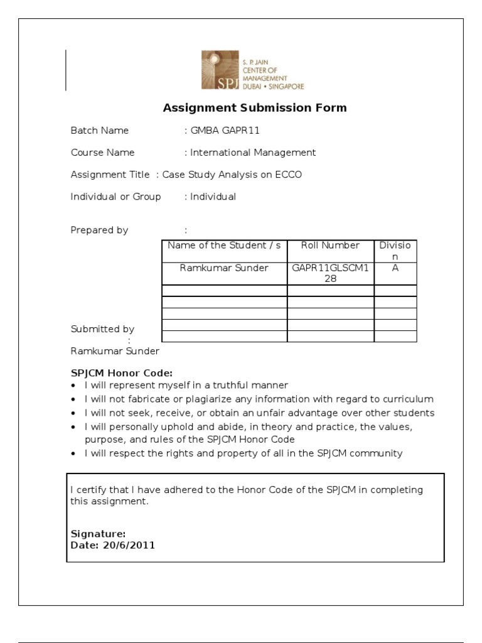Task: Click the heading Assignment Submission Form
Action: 255,107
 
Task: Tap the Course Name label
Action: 102,153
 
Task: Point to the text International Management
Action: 253,153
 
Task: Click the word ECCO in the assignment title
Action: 288,175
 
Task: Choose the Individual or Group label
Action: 115,197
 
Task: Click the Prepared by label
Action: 99,230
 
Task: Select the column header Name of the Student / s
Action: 224,246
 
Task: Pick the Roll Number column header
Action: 330,246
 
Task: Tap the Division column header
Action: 395,251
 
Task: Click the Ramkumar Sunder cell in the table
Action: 224,268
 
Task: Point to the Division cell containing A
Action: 395,267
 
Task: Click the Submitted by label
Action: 102,329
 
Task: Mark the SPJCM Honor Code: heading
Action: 121,372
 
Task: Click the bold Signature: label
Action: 98,534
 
